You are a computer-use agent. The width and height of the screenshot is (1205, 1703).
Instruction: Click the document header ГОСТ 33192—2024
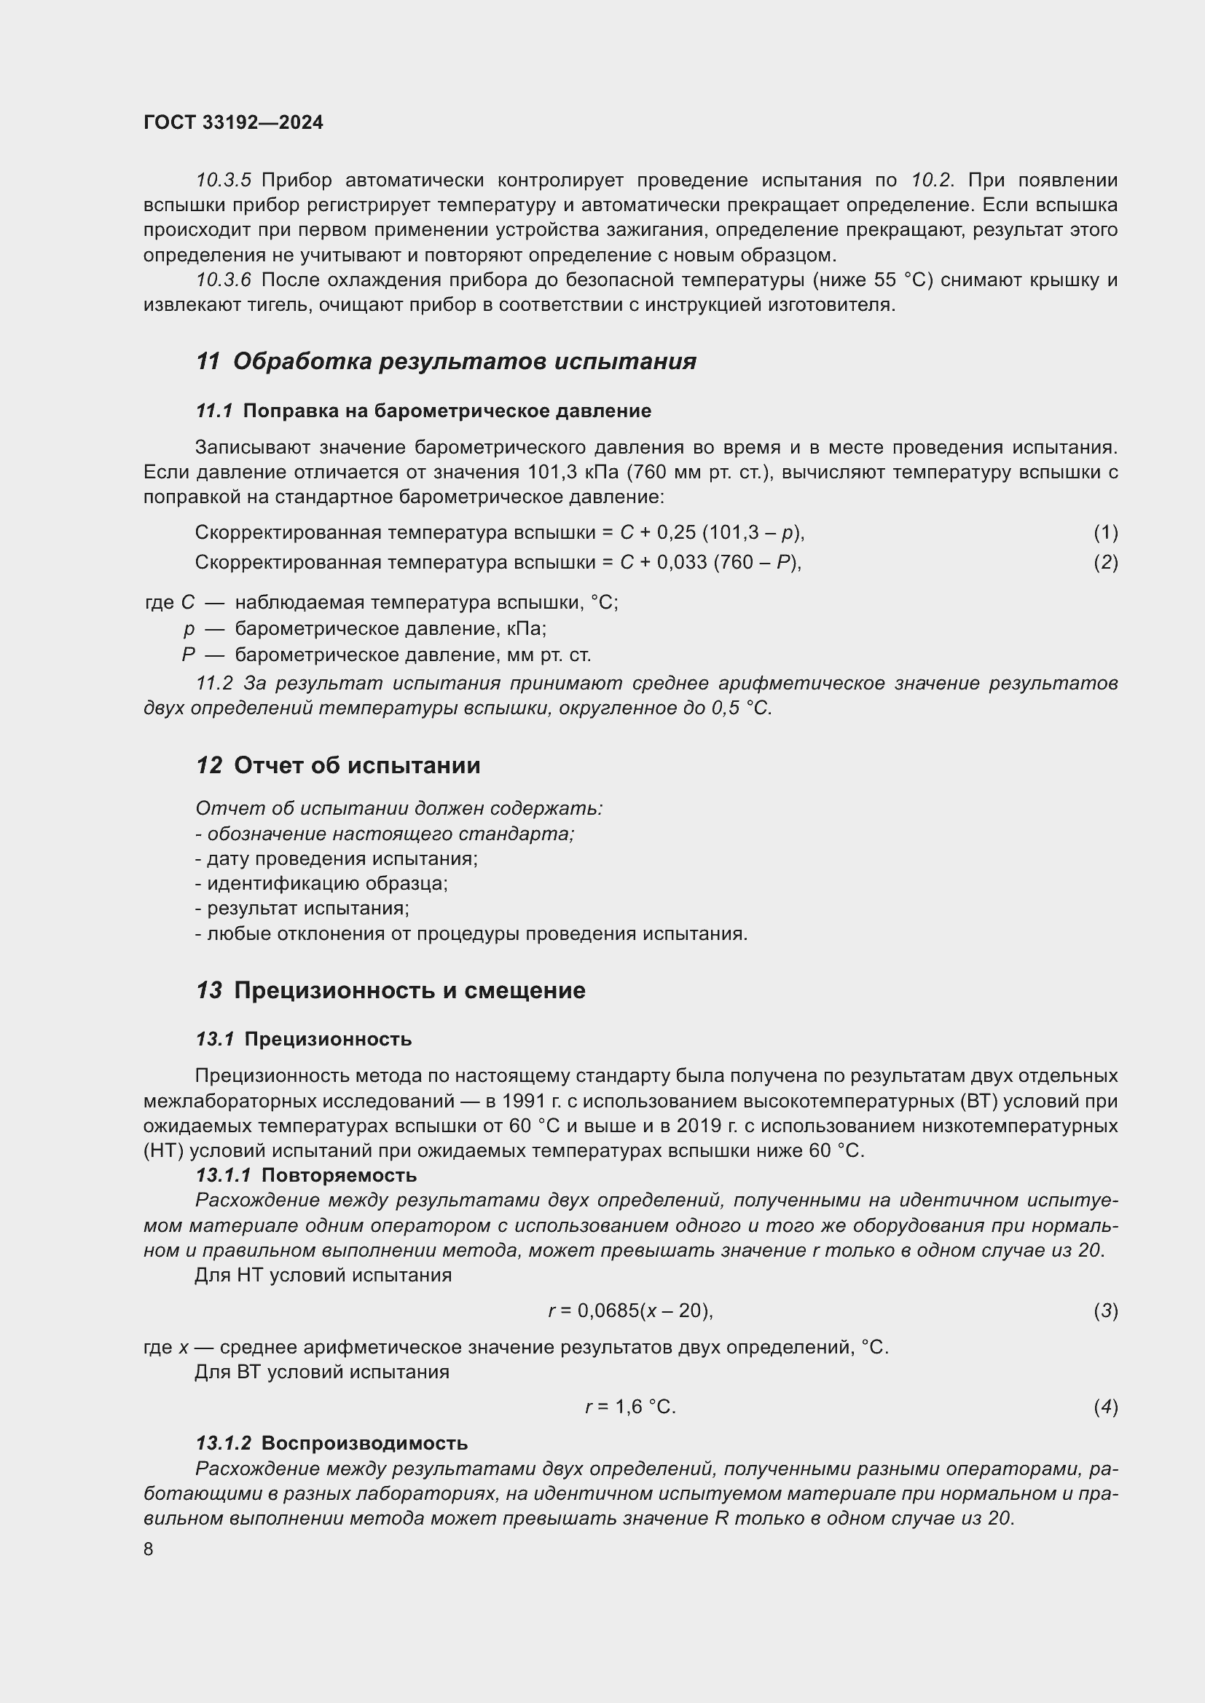tap(233, 122)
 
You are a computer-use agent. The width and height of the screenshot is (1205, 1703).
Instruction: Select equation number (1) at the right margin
tap(1105, 532)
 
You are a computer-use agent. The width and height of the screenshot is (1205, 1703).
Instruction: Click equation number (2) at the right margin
tap(1105, 562)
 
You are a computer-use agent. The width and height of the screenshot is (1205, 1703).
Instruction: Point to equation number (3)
tap(1105, 1311)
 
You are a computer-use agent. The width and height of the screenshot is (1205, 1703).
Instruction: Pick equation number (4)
tap(1105, 1407)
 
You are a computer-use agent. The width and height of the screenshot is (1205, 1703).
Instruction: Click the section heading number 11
tap(208, 361)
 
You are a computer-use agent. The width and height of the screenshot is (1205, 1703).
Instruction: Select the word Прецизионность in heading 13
tap(333, 990)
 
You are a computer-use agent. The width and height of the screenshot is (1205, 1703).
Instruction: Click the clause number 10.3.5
tap(224, 181)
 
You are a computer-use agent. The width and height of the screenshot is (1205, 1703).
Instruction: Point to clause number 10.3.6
tap(224, 280)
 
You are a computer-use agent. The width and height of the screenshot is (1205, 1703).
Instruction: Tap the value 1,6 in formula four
tap(629, 1407)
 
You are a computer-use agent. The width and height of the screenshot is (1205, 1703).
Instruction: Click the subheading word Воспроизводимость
tap(364, 1442)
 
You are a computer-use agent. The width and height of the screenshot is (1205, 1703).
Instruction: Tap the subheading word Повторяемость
tap(339, 1175)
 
